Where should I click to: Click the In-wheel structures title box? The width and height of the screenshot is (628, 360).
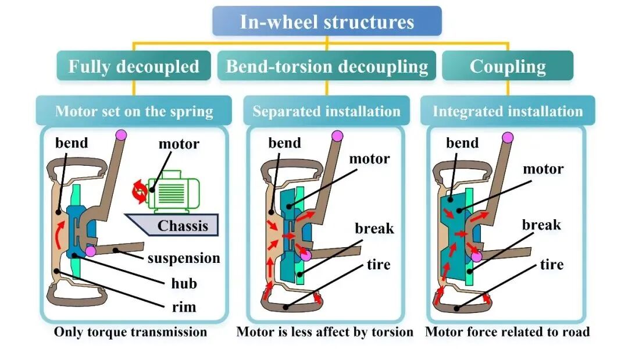pyautogui.click(x=327, y=21)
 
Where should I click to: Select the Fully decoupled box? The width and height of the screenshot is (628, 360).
pyautogui.click(x=134, y=66)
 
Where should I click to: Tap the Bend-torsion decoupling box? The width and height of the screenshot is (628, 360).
pyautogui.click(x=326, y=66)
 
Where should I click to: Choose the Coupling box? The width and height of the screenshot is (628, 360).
pyautogui.click(x=508, y=66)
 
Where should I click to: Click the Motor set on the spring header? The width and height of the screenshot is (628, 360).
pyautogui.click(x=134, y=111)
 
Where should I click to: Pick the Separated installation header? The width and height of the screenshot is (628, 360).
pyautogui.click(x=326, y=111)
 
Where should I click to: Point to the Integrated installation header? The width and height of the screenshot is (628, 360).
pyautogui.click(x=508, y=111)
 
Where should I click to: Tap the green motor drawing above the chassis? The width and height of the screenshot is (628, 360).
pyautogui.click(x=173, y=191)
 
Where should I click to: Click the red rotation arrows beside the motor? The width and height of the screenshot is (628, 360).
pyautogui.click(x=140, y=191)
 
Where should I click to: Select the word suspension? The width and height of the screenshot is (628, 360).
pyautogui.click(x=184, y=258)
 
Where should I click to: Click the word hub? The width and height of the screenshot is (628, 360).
pyautogui.click(x=184, y=283)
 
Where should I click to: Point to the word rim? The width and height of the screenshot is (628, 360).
pyautogui.click(x=184, y=306)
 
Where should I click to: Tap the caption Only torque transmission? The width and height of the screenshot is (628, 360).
pyautogui.click(x=131, y=332)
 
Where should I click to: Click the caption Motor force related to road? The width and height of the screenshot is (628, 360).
pyautogui.click(x=508, y=332)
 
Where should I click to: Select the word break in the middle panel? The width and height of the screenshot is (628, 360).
pyautogui.click(x=374, y=228)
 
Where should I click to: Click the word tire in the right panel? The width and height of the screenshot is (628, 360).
pyautogui.click(x=551, y=264)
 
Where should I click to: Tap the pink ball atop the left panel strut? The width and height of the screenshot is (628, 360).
pyautogui.click(x=120, y=135)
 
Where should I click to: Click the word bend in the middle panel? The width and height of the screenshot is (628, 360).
pyautogui.click(x=284, y=142)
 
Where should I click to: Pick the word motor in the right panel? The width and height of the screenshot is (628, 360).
pyautogui.click(x=543, y=169)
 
